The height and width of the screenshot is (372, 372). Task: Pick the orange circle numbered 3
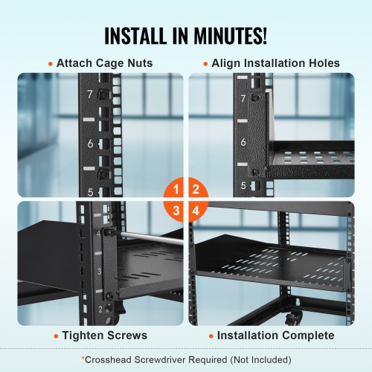(176, 211)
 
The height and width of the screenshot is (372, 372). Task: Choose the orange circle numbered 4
(196, 211)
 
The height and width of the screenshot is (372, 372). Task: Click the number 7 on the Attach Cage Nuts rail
(89, 94)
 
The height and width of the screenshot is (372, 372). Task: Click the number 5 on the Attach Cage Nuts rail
(90, 192)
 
